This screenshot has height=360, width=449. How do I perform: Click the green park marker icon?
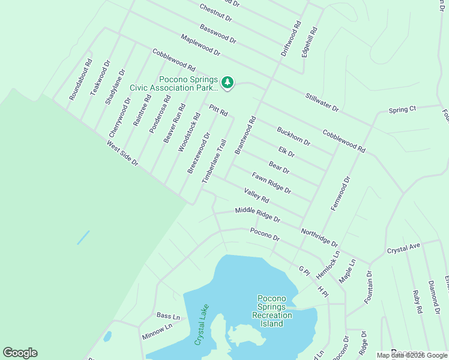pos(228,82)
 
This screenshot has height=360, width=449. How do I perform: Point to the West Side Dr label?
pos(122,154)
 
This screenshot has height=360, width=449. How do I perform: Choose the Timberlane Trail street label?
pos(214,161)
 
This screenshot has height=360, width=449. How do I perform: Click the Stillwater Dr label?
pos(322,102)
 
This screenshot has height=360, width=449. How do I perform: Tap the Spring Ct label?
pos(402,110)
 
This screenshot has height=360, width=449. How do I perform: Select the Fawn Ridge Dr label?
pos(271,183)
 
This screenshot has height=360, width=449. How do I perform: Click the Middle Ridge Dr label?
pos(258,214)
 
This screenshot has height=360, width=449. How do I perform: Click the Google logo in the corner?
pos(20,353)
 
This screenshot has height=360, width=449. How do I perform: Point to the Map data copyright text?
pos(412,355)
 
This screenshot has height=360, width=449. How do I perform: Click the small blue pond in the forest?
pos(83,238)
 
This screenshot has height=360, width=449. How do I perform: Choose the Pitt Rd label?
pos(218,110)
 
